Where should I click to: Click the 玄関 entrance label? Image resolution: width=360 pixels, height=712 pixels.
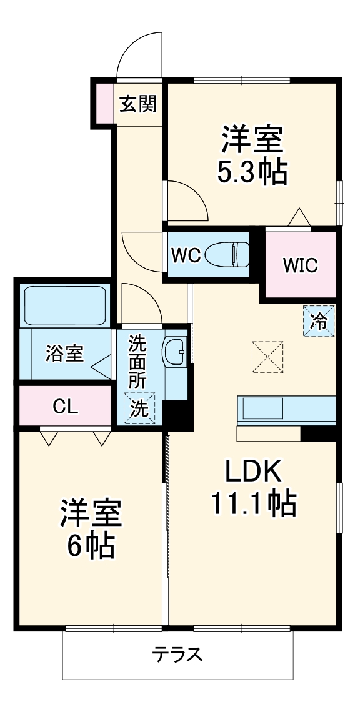tap(137, 104)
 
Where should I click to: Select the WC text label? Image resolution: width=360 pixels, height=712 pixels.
tap(186, 255)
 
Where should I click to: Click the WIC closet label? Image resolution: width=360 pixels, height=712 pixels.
tap(300, 265)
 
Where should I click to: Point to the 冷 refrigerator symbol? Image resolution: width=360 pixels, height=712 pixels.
tap(319, 321)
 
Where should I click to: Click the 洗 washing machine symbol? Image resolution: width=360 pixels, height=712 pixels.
tap(139, 408)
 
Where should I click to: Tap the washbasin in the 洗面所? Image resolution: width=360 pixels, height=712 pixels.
tap(175, 352)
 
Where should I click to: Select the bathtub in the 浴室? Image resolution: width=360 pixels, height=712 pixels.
tap(65, 305)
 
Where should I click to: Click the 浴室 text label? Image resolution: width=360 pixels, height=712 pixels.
tap(64, 354)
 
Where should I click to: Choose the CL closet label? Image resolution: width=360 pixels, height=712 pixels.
tap(66, 406)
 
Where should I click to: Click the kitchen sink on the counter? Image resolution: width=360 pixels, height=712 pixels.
tap(262, 408)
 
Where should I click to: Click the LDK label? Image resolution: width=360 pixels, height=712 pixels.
tap(254, 472)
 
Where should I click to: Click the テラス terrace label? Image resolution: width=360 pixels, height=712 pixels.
tap(177, 655)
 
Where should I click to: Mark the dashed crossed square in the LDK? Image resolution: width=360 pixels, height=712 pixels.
tap(267, 357)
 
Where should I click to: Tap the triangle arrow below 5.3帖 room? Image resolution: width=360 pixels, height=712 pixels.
tap(299, 217)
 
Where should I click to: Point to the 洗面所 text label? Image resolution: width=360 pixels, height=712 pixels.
tap(137, 362)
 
